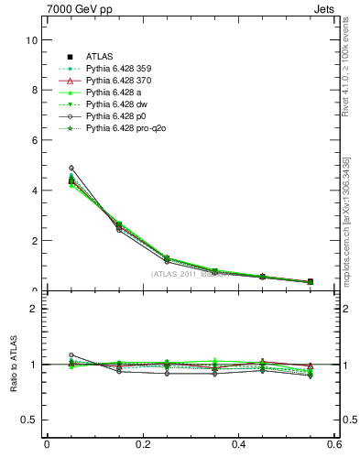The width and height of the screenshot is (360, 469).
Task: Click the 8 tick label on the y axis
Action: (x=33, y=91)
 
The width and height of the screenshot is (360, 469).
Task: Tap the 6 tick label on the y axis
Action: (x=33, y=140)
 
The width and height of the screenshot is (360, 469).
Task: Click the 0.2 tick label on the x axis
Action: (x=143, y=445)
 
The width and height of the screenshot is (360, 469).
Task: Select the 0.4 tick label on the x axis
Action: (x=239, y=445)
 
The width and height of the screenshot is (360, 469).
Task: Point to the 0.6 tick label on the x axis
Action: (x=335, y=445)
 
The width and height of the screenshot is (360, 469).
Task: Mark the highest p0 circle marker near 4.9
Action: (x=71, y=169)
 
